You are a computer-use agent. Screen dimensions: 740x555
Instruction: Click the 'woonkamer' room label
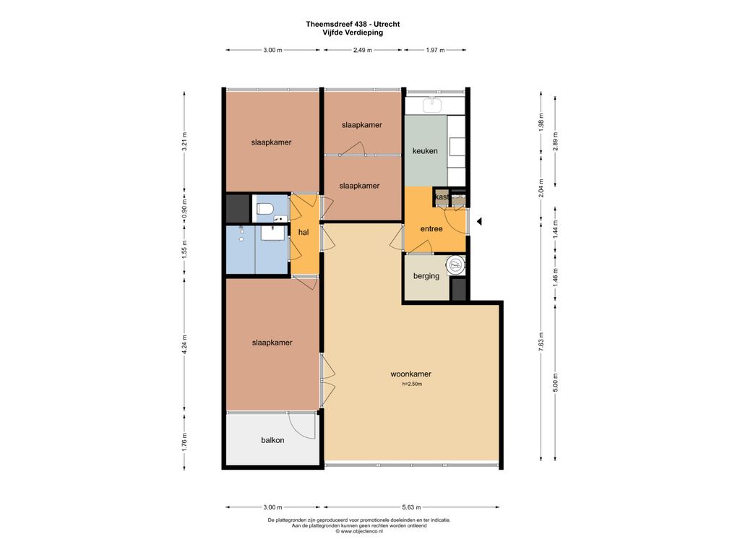(x=410, y=374)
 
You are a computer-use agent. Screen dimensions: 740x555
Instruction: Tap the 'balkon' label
(x=272, y=440)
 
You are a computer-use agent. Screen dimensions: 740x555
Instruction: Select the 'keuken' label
(x=425, y=151)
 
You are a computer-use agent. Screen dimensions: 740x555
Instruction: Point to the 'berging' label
(x=426, y=276)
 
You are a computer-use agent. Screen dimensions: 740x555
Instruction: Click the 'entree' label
(x=431, y=229)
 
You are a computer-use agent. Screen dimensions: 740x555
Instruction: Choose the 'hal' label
(x=304, y=232)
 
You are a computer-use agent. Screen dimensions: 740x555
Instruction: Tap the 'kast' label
(x=442, y=197)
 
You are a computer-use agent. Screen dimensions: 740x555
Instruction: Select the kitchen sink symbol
(x=431, y=105)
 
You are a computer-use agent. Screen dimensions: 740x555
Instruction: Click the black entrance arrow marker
(x=479, y=221)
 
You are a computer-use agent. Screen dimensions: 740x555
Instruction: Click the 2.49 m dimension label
(x=363, y=50)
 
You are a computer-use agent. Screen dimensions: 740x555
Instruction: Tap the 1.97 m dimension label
(x=435, y=50)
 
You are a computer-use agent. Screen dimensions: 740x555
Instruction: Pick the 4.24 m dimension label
(x=184, y=344)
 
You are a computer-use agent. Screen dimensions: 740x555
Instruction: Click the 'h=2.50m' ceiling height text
(x=411, y=384)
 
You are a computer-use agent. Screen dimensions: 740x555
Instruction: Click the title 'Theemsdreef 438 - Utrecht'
(x=353, y=24)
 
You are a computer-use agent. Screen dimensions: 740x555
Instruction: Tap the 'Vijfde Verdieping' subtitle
(x=353, y=33)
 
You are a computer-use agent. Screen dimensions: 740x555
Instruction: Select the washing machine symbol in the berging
(x=457, y=265)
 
